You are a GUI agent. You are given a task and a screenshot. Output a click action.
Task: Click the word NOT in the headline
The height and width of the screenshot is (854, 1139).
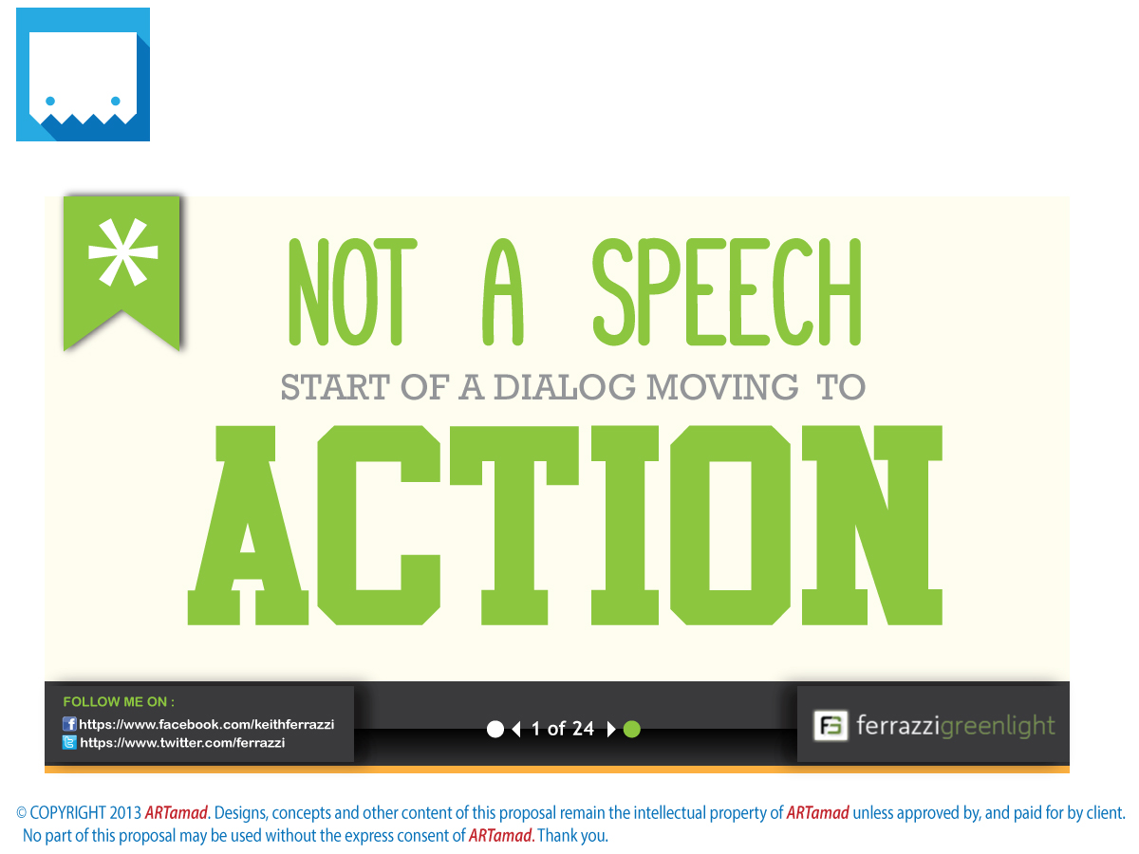(352, 292)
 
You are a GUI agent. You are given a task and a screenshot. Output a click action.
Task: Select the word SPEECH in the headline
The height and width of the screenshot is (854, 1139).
(727, 292)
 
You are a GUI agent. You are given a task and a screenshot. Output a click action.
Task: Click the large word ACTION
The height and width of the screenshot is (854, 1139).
(566, 525)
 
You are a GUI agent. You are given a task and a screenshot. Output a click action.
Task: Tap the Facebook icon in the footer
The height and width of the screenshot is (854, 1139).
(69, 724)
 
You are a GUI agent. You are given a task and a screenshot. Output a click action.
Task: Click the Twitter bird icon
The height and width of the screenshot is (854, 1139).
(69, 743)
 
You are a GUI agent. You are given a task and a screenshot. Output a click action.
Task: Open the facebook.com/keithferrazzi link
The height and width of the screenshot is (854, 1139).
(206, 724)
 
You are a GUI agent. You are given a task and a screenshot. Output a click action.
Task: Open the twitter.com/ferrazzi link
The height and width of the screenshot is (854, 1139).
(182, 743)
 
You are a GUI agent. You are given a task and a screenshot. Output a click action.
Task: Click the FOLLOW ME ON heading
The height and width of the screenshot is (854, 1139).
(119, 702)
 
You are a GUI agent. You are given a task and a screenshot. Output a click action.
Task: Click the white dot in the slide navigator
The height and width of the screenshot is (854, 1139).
(495, 729)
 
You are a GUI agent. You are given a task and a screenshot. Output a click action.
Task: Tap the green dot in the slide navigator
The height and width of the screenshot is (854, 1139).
(632, 729)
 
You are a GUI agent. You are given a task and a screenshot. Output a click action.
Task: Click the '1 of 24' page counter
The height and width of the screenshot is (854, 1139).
(563, 729)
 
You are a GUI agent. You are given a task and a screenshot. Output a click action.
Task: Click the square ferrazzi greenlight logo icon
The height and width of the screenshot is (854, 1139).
(831, 726)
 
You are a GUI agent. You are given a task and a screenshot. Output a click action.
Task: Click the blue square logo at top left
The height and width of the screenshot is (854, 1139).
(83, 74)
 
